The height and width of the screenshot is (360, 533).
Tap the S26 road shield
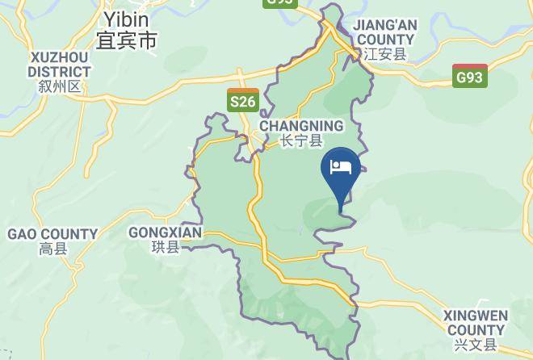click(x=243, y=100)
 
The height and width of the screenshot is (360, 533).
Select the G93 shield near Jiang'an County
click(x=469, y=77)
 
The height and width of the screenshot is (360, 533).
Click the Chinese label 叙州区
click(x=60, y=86)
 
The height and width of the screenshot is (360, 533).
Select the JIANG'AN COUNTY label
click(x=385, y=32)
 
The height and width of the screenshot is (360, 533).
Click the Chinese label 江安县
click(x=385, y=55)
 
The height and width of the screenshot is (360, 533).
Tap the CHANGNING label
click(x=301, y=126)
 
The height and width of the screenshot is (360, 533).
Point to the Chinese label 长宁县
click(x=301, y=141)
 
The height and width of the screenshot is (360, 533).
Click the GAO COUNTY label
click(x=52, y=234)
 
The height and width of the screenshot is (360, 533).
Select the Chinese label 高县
click(x=53, y=250)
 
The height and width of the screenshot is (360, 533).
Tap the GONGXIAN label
click(x=165, y=232)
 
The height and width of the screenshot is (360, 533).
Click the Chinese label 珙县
click(x=166, y=248)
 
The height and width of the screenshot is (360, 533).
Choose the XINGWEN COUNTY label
click(x=476, y=322)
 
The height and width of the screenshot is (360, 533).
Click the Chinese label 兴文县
click(x=476, y=345)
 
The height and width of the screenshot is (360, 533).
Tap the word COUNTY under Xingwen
click(x=476, y=329)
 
